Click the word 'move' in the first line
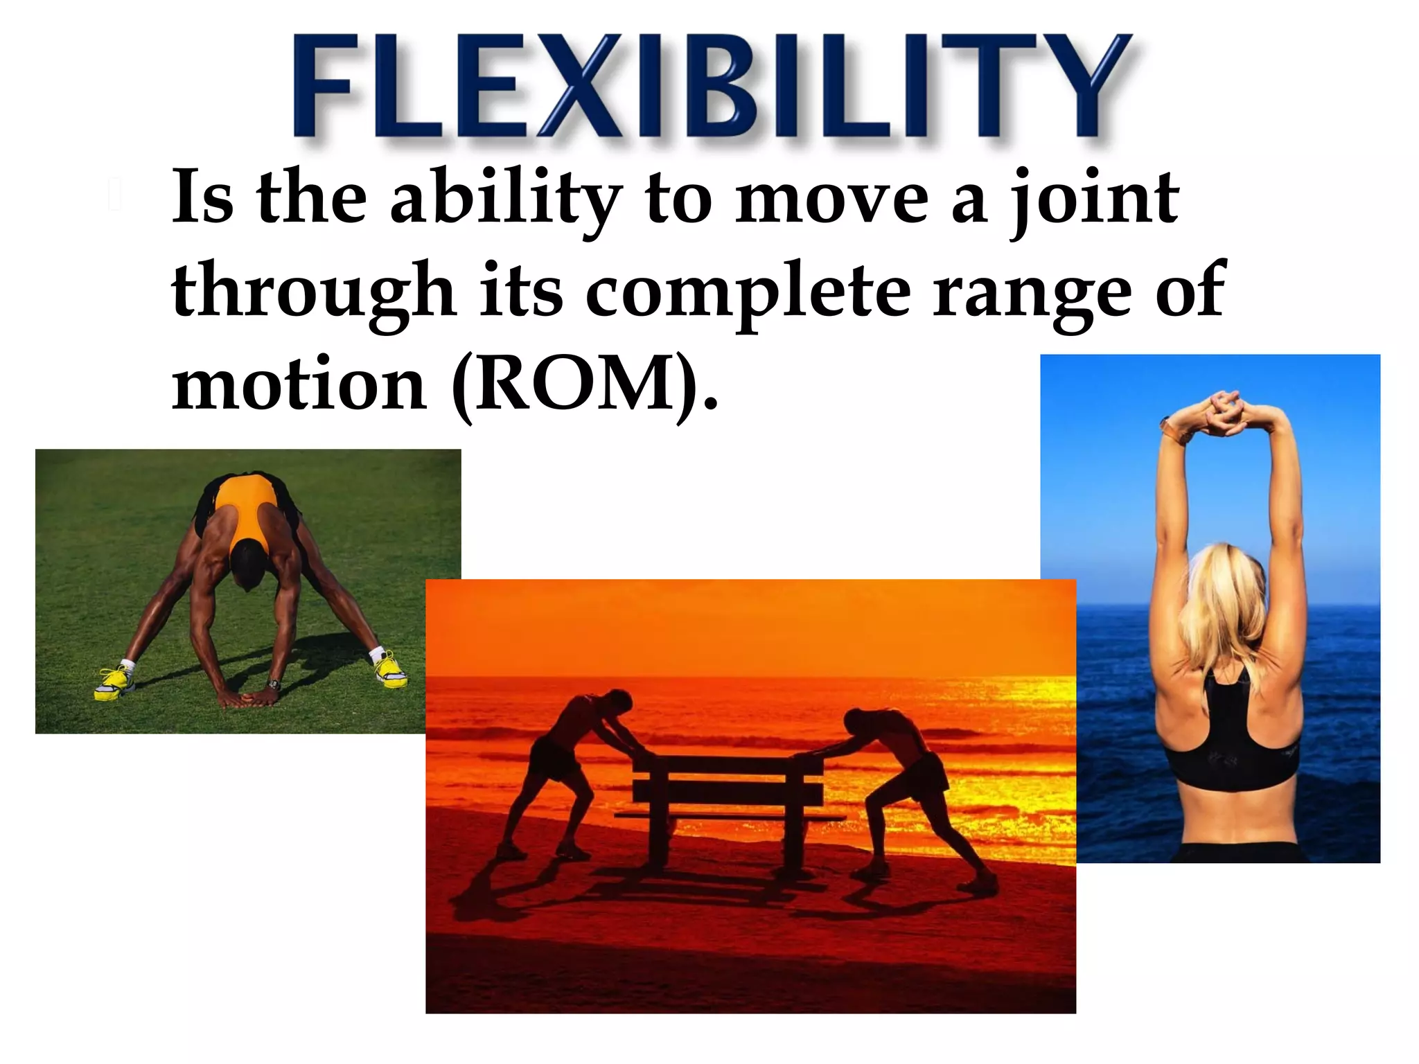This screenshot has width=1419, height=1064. tap(831, 199)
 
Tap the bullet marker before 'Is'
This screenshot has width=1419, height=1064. tap(115, 195)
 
